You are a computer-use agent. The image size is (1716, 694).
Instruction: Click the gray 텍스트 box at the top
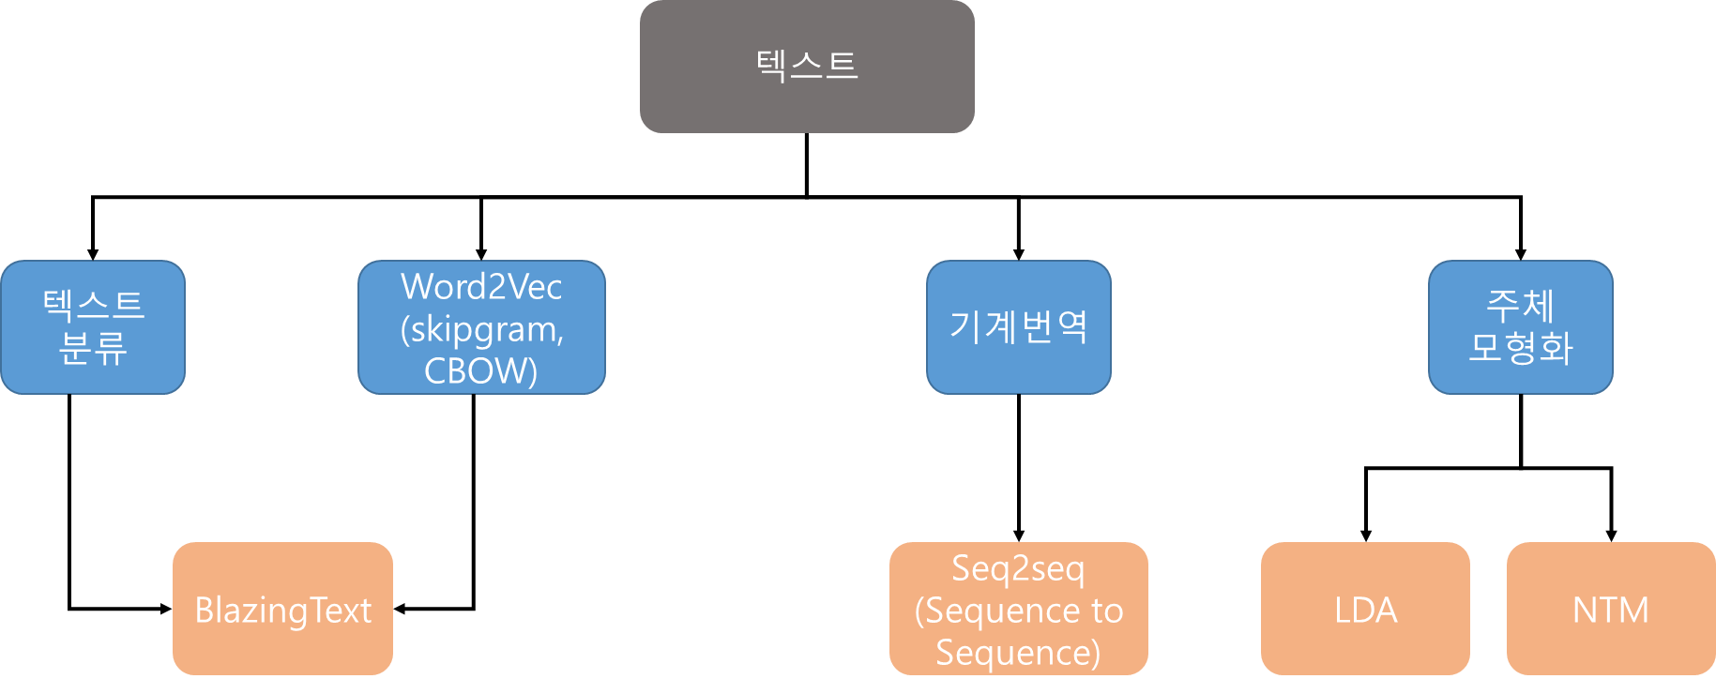pos(807,66)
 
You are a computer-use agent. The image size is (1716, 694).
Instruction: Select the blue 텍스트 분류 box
pos(93,327)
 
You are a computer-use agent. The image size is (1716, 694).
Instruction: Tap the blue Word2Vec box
pos(481,327)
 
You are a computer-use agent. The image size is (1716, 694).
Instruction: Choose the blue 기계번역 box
pos(1019,327)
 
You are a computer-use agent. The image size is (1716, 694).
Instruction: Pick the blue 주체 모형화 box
pos(1521,327)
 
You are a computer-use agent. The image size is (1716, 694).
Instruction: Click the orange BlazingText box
pos(282,609)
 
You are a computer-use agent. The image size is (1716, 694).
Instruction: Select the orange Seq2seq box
pos(1019,609)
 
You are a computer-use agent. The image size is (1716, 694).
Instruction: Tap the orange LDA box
pos(1365,609)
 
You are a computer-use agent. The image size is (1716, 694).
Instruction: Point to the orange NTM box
pos(1611,609)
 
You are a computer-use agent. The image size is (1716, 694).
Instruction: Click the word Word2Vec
pos(481,287)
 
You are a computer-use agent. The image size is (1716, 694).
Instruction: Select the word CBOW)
pos(481,371)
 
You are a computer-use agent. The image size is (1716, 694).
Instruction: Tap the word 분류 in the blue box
pos(93,349)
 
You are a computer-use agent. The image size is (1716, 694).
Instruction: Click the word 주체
pos(1521,305)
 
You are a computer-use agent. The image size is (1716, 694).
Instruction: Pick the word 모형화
pos(1521,348)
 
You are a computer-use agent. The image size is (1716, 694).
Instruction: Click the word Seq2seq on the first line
pos(1019,568)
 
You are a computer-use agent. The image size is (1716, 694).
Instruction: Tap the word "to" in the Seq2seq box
pos(1107,611)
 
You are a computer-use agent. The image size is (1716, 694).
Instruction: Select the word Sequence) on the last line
pos(1019,652)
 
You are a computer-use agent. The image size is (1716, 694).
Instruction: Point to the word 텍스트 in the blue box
pos(93,305)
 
